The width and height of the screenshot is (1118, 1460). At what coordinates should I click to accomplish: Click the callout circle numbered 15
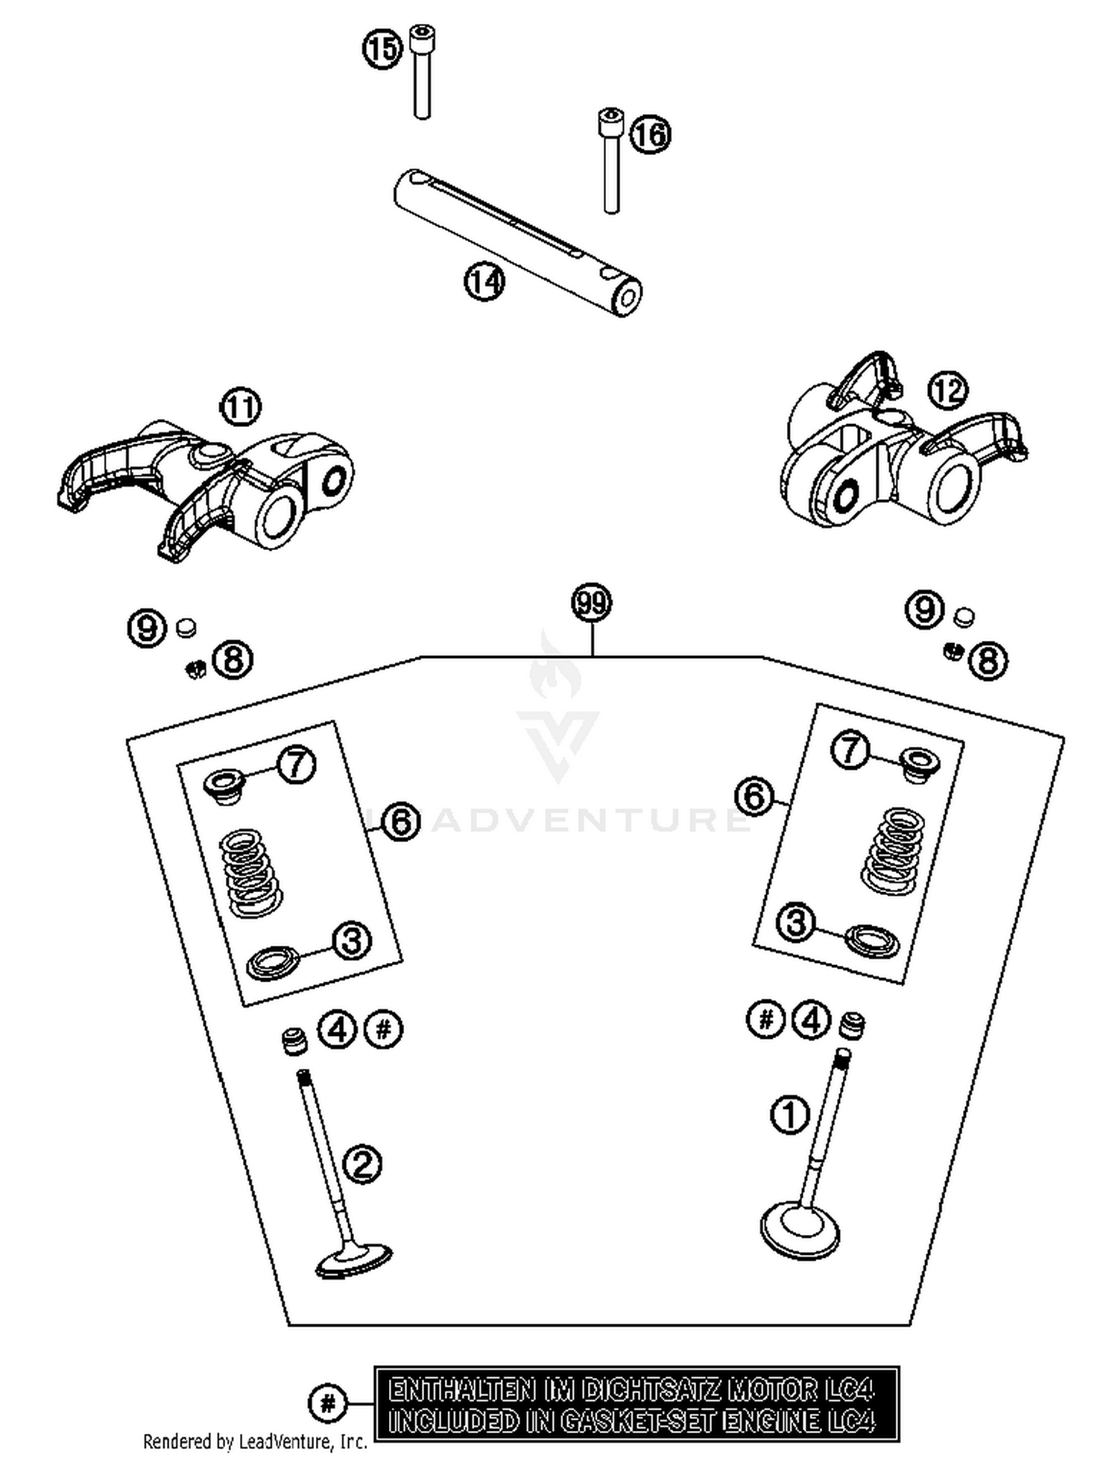(x=382, y=49)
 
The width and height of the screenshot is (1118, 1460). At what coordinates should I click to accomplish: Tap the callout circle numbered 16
(x=650, y=135)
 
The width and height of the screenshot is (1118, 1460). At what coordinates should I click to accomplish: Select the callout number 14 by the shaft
(x=484, y=282)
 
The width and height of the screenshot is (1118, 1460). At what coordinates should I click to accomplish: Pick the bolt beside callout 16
(x=610, y=160)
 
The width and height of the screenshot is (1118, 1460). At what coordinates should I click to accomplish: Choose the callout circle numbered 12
(x=948, y=390)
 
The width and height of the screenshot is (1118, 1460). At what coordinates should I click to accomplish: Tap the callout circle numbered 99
(x=591, y=602)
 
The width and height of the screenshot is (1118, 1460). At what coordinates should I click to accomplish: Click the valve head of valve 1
(x=800, y=1233)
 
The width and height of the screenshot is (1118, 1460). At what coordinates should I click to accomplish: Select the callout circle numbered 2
(x=362, y=1163)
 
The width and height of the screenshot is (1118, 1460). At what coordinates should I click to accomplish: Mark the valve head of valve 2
(x=353, y=1261)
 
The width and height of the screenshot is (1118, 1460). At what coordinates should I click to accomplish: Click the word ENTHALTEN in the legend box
(x=461, y=1390)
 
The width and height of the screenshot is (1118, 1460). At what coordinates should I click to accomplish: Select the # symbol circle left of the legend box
(x=327, y=1403)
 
